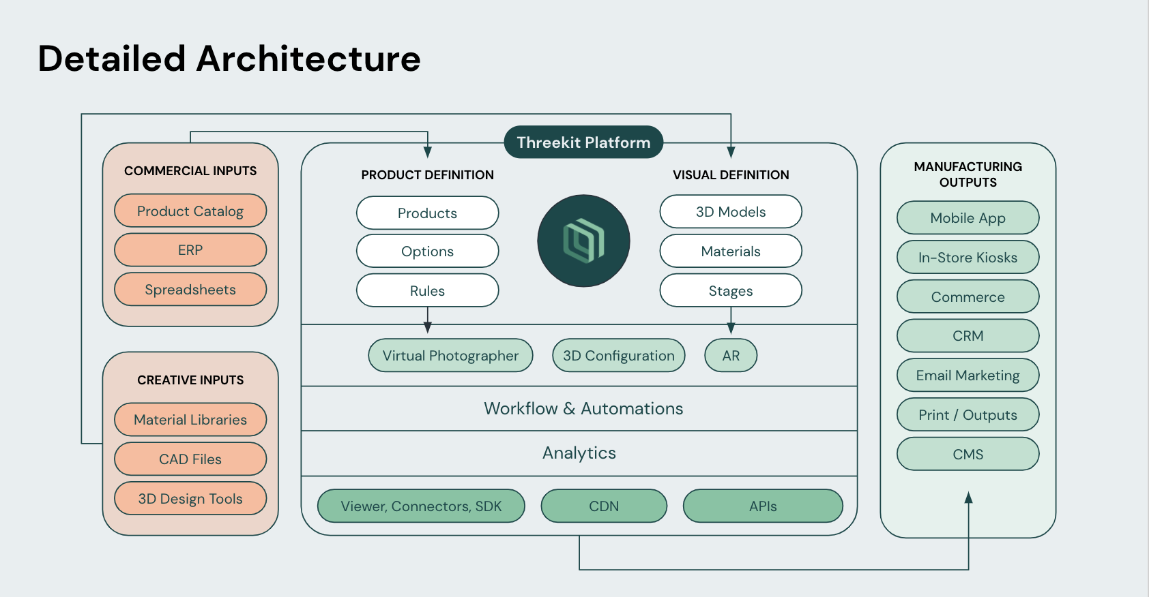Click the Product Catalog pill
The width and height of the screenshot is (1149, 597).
[x=190, y=211]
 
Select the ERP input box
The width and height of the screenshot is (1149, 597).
[x=190, y=250]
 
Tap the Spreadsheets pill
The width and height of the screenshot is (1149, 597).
[x=190, y=290]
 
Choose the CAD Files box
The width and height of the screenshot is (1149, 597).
[x=190, y=459]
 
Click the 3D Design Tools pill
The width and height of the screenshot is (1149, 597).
[x=190, y=499]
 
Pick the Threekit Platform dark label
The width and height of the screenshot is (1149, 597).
[x=584, y=142]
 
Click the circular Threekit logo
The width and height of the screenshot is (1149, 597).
[x=584, y=241]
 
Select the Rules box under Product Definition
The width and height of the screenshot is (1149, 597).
[x=427, y=290]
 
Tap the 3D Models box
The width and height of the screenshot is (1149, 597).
[x=731, y=212]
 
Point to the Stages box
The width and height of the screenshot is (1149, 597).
[x=731, y=290]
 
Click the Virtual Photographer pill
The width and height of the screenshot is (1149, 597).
[x=450, y=355]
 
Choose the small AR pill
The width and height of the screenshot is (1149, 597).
[x=731, y=355]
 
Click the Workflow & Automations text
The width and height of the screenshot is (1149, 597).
[x=584, y=408]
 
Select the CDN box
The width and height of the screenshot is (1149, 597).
[x=605, y=506]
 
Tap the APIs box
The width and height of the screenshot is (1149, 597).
[x=763, y=506]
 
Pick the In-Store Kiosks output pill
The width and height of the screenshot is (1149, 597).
[x=968, y=257]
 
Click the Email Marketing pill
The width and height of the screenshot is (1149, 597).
[x=968, y=375]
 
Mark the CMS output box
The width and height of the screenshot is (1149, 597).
[x=968, y=454]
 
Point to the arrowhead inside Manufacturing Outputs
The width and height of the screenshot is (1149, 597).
[x=968, y=497]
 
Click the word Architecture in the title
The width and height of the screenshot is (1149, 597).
[x=308, y=59]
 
